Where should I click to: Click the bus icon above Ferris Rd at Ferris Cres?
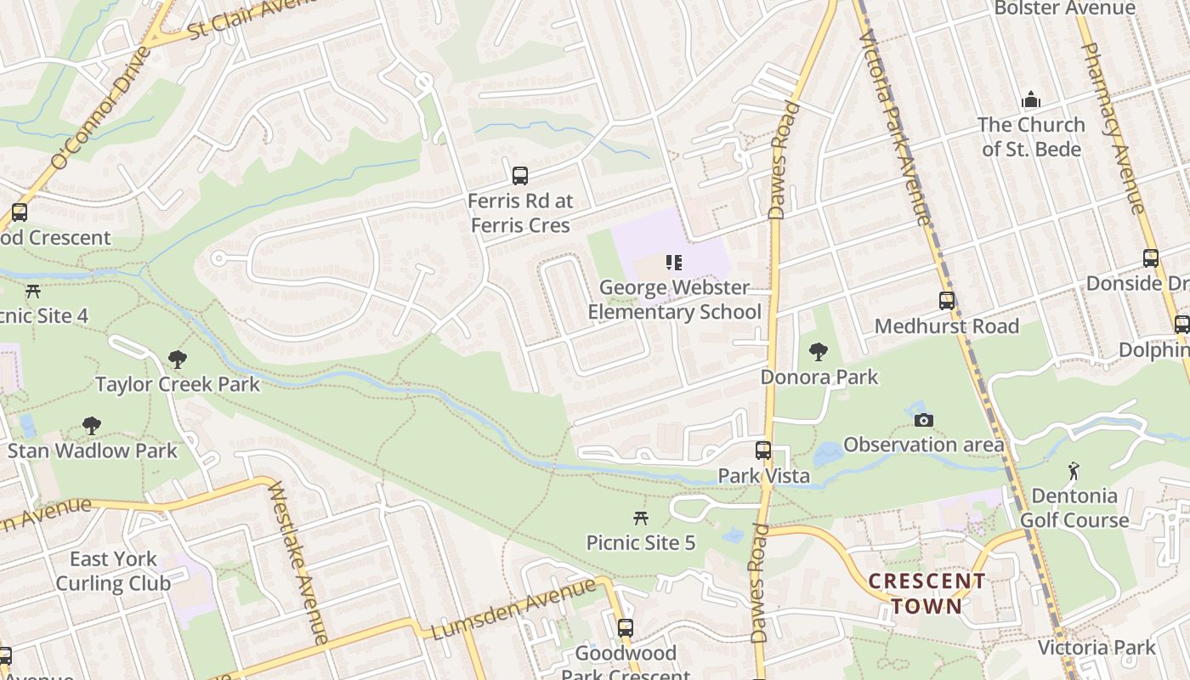pos(519,176)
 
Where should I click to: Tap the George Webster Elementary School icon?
pos(674,263)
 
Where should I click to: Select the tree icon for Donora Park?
pos(819,351)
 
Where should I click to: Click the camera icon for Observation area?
pos(923,420)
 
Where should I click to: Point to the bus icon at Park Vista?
pos(763,450)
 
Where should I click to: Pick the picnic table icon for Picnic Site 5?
pos(641,518)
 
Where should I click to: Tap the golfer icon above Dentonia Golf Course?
pos(1074,470)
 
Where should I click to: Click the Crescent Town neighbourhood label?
pos(926,594)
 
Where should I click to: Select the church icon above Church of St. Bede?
pos(1031,100)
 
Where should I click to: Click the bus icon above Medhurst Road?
pos(946,300)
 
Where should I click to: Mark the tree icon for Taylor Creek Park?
pos(177,360)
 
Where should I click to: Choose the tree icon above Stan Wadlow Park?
pos(92,425)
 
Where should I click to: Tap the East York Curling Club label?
pos(113,571)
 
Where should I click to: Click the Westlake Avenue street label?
pos(297,562)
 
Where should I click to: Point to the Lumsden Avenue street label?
pos(514,609)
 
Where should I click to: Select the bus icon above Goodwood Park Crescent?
pos(626,628)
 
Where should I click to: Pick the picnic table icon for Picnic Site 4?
pos(33,291)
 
